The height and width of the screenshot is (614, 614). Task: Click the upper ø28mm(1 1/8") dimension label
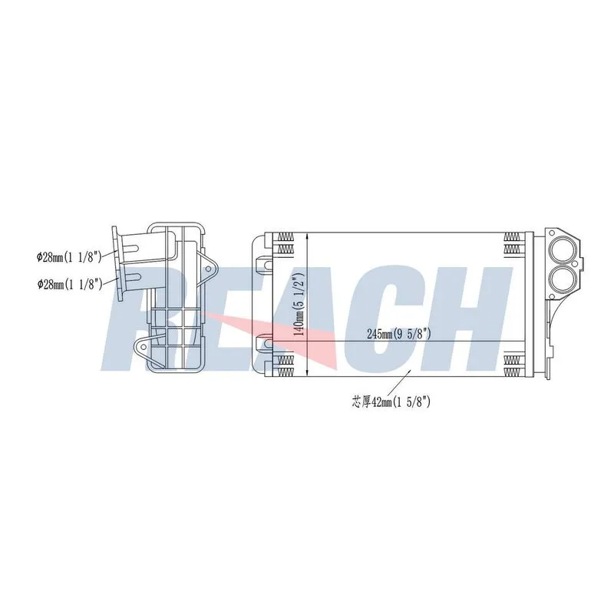(69, 257)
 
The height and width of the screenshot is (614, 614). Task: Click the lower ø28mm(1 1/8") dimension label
(70, 284)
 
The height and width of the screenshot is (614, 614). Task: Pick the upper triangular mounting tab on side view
(206, 269)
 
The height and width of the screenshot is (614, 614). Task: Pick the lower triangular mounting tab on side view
(146, 348)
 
